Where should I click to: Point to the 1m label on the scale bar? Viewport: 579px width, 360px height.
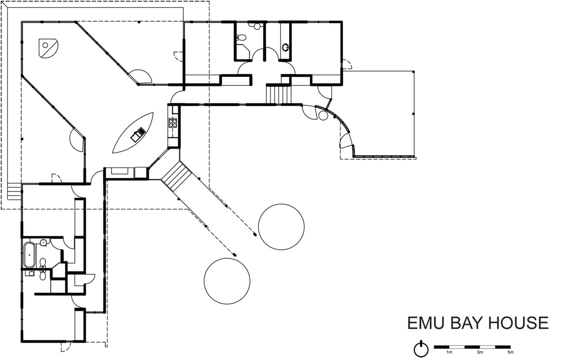pyautogui.click(x=449, y=352)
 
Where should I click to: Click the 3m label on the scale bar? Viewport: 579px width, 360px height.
pyautogui.click(x=480, y=352)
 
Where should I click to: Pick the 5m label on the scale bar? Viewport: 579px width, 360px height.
pyautogui.click(x=510, y=352)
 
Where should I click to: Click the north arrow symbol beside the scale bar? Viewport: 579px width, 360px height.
pyautogui.click(x=421, y=348)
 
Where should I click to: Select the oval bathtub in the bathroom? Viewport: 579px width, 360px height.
pyautogui.click(x=29, y=255)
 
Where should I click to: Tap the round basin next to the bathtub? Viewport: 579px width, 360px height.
pyautogui.click(x=43, y=243)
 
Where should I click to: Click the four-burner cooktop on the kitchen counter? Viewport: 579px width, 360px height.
pyautogui.click(x=173, y=123)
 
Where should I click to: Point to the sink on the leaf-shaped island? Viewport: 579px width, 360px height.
pyautogui.click(x=138, y=134)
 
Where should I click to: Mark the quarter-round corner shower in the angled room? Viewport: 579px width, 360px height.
pyautogui.click(x=48, y=48)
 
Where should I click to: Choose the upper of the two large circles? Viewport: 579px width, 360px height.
pyautogui.click(x=281, y=227)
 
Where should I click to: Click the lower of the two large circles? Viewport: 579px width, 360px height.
pyautogui.click(x=227, y=281)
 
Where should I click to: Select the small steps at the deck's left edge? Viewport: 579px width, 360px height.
pyautogui.click(x=14, y=192)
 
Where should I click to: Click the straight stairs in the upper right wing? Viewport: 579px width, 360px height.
pyautogui.click(x=279, y=95)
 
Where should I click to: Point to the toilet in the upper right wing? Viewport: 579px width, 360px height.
pyautogui.click(x=241, y=38)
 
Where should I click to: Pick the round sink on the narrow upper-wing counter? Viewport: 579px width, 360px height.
pyautogui.click(x=285, y=47)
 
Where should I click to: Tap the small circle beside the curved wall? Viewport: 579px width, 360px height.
pyautogui.click(x=323, y=115)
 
